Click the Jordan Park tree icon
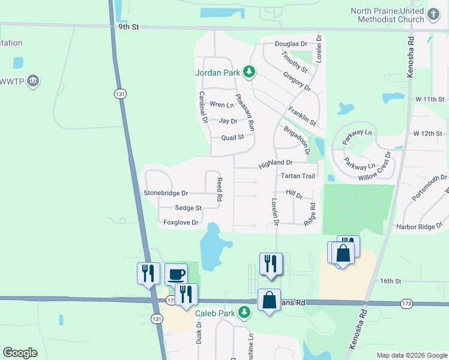point(249,73)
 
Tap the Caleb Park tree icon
point(244,312)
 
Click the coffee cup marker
point(175,274)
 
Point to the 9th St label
point(128,27)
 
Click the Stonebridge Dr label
point(166,193)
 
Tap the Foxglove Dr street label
point(181,223)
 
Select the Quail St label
point(232,137)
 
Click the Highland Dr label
point(276,163)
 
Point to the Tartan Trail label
point(298,176)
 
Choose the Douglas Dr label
point(291,44)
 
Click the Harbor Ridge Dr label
point(419,227)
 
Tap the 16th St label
point(390,281)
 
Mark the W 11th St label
point(429,99)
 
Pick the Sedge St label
point(188,208)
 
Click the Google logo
point(20,353)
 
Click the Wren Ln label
point(221,105)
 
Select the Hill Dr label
point(294,194)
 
